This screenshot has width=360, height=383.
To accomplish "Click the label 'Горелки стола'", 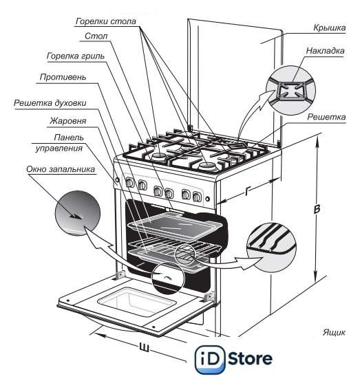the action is click(106, 21).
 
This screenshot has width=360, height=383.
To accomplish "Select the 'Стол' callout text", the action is click(96, 36).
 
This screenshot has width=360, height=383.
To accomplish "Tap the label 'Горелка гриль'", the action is click(76, 56).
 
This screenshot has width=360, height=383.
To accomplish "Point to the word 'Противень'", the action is click(63, 77).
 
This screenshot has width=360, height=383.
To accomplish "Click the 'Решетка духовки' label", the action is click(50, 103).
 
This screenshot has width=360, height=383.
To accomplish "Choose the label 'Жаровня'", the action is click(67, 120).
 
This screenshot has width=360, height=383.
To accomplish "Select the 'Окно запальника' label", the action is click(61, 169).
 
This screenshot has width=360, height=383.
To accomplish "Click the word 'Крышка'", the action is click(330, 28).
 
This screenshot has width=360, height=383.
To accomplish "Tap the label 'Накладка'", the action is click(326, 51).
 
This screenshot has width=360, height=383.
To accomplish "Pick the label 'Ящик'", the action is click(334, 332).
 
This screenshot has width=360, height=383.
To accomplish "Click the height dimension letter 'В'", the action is click(317, 210).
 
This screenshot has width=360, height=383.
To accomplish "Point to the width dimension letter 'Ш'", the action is click(144, 347).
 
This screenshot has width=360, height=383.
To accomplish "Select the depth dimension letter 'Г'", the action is click(248, 190).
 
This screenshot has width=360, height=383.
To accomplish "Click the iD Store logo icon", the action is click(209, 360).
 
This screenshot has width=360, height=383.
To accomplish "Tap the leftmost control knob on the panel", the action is click(129, 182).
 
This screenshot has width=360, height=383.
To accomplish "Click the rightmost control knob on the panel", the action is click(197, 196).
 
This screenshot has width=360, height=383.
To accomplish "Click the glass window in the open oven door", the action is click(137, 302).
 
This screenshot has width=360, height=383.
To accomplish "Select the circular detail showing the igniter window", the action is click(78, 213).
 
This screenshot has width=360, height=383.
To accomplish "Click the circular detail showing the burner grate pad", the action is click(290, 90).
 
